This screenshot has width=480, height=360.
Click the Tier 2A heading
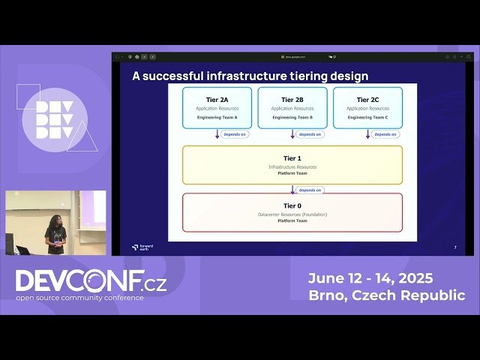pos(217,99)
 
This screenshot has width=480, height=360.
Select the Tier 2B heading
pos(292,99)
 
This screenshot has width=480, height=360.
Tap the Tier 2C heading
pos(367,99)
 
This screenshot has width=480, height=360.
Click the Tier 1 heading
pos(292,158)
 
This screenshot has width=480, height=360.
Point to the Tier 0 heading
pos(292,205)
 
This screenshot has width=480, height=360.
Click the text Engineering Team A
pos(217,118)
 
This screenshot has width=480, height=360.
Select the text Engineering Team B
pos(292,118)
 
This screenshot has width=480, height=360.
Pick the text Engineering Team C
pos(367,118)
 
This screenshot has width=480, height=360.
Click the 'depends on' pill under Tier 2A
pos(235,134)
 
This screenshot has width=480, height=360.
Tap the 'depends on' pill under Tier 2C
pos(385,134)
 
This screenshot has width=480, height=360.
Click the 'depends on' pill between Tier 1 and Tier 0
pos(310,190)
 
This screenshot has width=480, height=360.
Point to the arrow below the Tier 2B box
pos(292,134)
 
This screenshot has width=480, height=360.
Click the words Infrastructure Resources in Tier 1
pos(292,166)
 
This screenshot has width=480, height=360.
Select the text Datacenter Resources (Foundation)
pos(292,214)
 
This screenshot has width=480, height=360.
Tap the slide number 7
pos(455,247)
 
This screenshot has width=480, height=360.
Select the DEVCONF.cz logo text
pos(91,281)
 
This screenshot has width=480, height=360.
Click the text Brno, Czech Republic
pos(386,295)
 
